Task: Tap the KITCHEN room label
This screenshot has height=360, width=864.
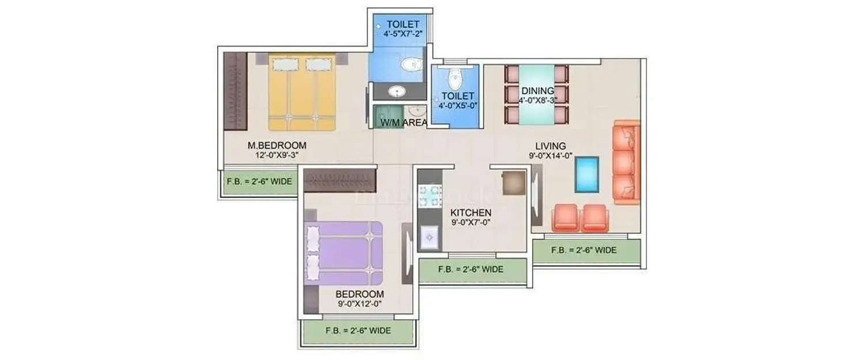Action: (471, 212)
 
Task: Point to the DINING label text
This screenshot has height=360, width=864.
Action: (537, 90)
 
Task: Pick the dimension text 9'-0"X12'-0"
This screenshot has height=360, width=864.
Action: (359, 303)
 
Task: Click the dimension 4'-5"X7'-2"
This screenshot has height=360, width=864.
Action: (403, 33)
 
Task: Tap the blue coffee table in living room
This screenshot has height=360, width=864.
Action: (586, 174)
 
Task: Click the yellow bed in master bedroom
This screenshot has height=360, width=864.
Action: (302, 92)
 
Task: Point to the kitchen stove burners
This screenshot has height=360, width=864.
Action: (430, 196)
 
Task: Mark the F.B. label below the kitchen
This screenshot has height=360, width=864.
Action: (471, 269)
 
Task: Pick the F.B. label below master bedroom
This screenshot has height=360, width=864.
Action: (259, 182)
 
